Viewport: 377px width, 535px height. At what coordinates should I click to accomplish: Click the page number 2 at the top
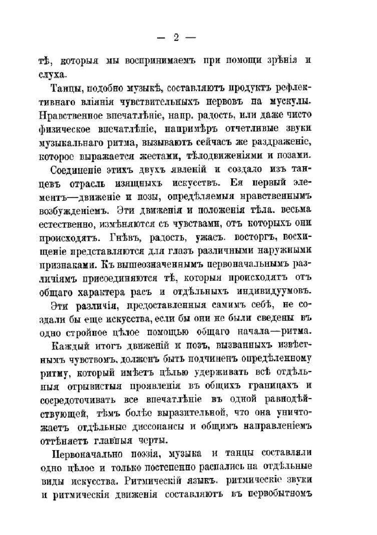click(x=176, y=38)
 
